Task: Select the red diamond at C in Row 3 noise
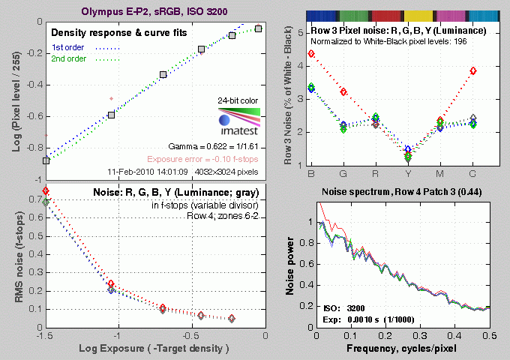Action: click(473, 70)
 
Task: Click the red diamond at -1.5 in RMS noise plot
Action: click(46, 191)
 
